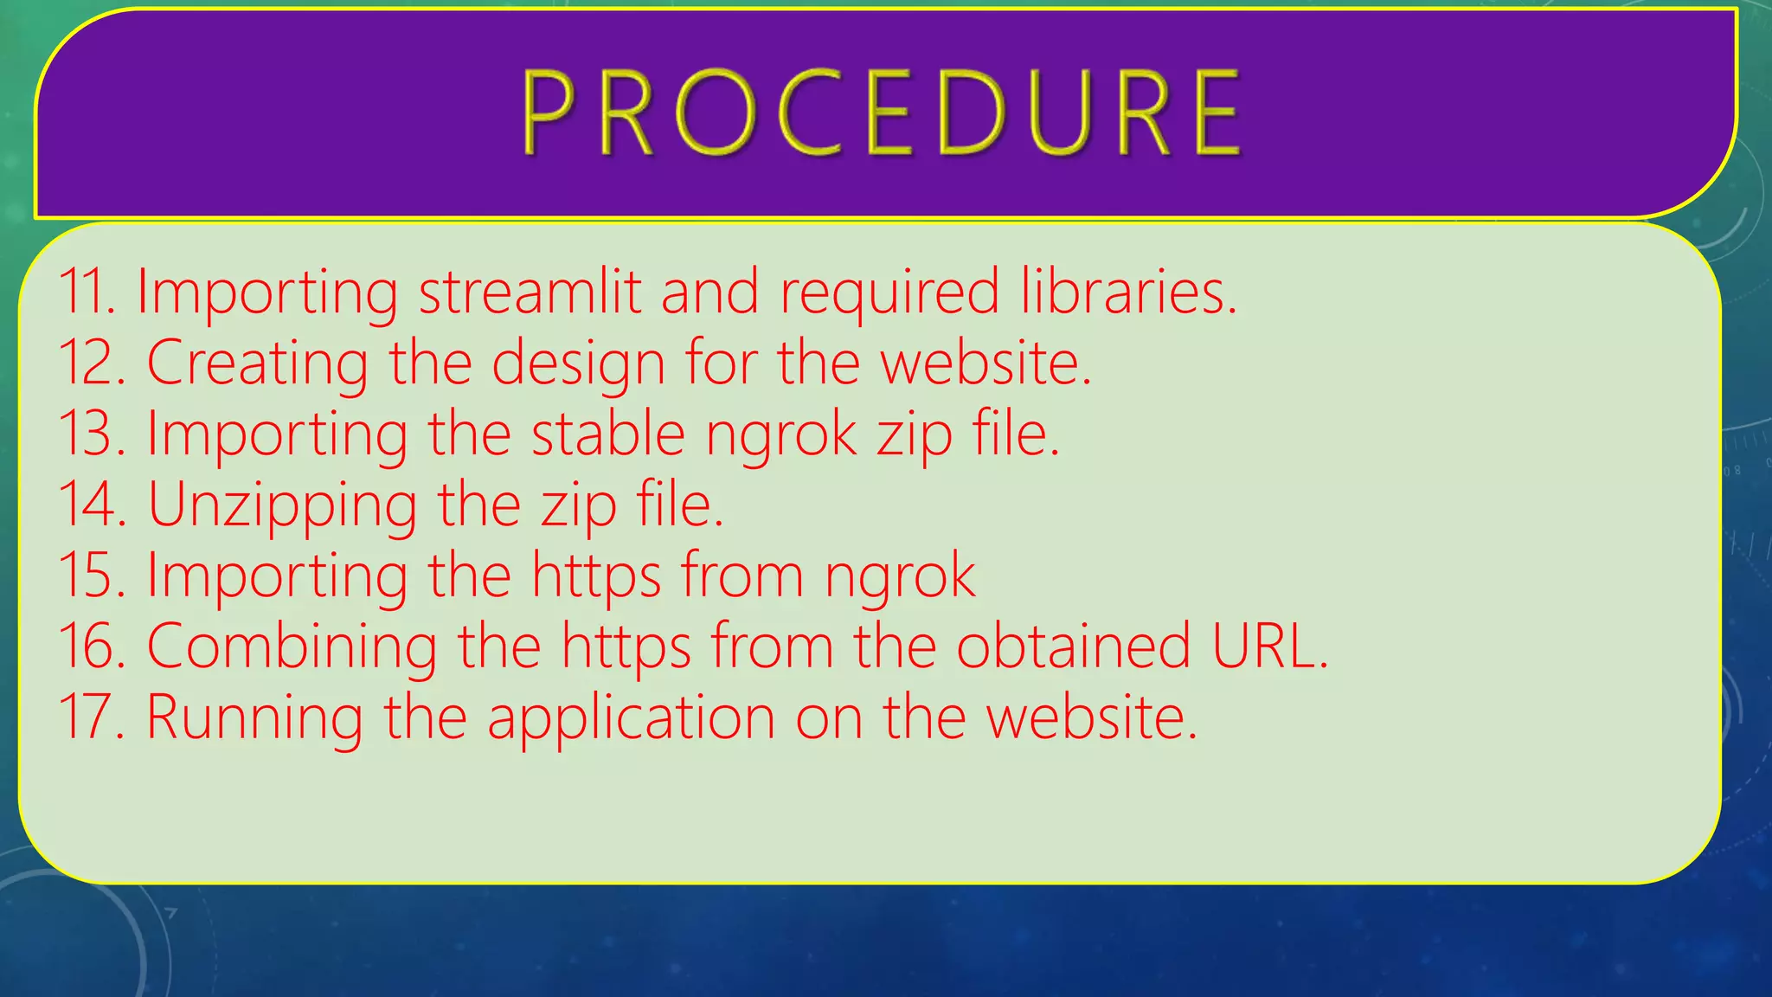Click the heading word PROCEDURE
tap(883, 114)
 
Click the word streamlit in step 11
tap(530, 292)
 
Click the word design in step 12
tap(578, 364)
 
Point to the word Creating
tap(257, 364)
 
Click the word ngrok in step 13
tap(780, 435)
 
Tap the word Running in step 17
tap(254, 719)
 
